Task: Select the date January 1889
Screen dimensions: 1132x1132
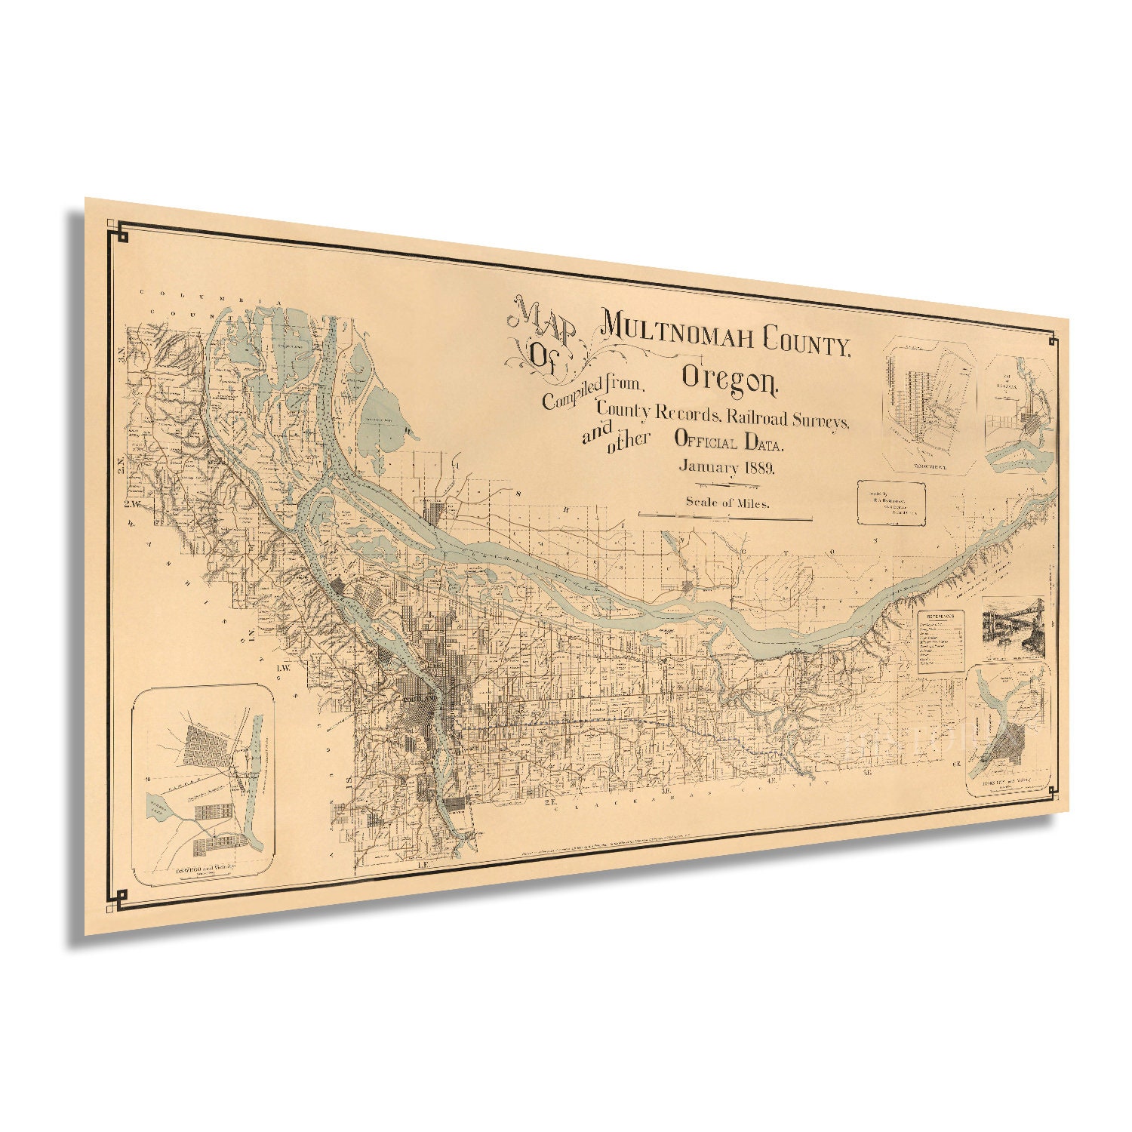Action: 726,466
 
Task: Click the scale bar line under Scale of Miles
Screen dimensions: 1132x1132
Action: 725,517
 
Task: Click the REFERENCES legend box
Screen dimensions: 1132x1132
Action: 942,641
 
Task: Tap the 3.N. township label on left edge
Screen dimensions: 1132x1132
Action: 121,354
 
